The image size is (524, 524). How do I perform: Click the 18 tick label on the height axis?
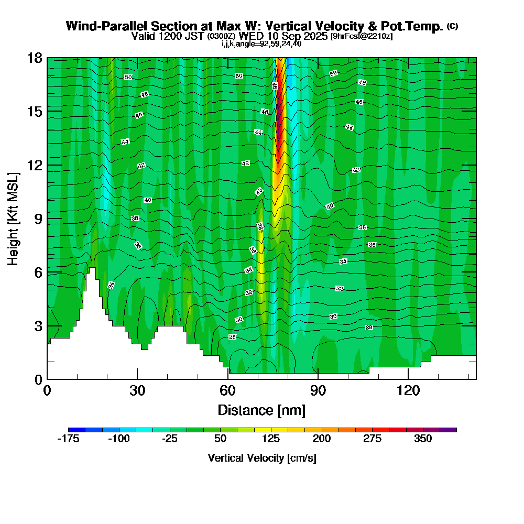(x=34, y=58)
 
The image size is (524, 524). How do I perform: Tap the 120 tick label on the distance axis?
(x=408, y=390)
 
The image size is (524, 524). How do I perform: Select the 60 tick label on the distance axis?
(x=227, y=390)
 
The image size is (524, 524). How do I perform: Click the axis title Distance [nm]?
(x=261, y=409)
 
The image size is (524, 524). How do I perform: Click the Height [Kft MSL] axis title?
(x=13, y=218)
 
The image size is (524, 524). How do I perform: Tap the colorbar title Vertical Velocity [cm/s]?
(x=262, y=458)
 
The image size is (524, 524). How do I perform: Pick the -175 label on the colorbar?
(x=68, y=439)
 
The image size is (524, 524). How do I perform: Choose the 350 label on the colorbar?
(x=423, y=439)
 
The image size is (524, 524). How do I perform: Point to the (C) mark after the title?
(x=453, y=26)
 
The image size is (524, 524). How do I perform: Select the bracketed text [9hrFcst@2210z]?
(x=362, y=37)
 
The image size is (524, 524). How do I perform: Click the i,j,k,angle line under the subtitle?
(x=261, y=44)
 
